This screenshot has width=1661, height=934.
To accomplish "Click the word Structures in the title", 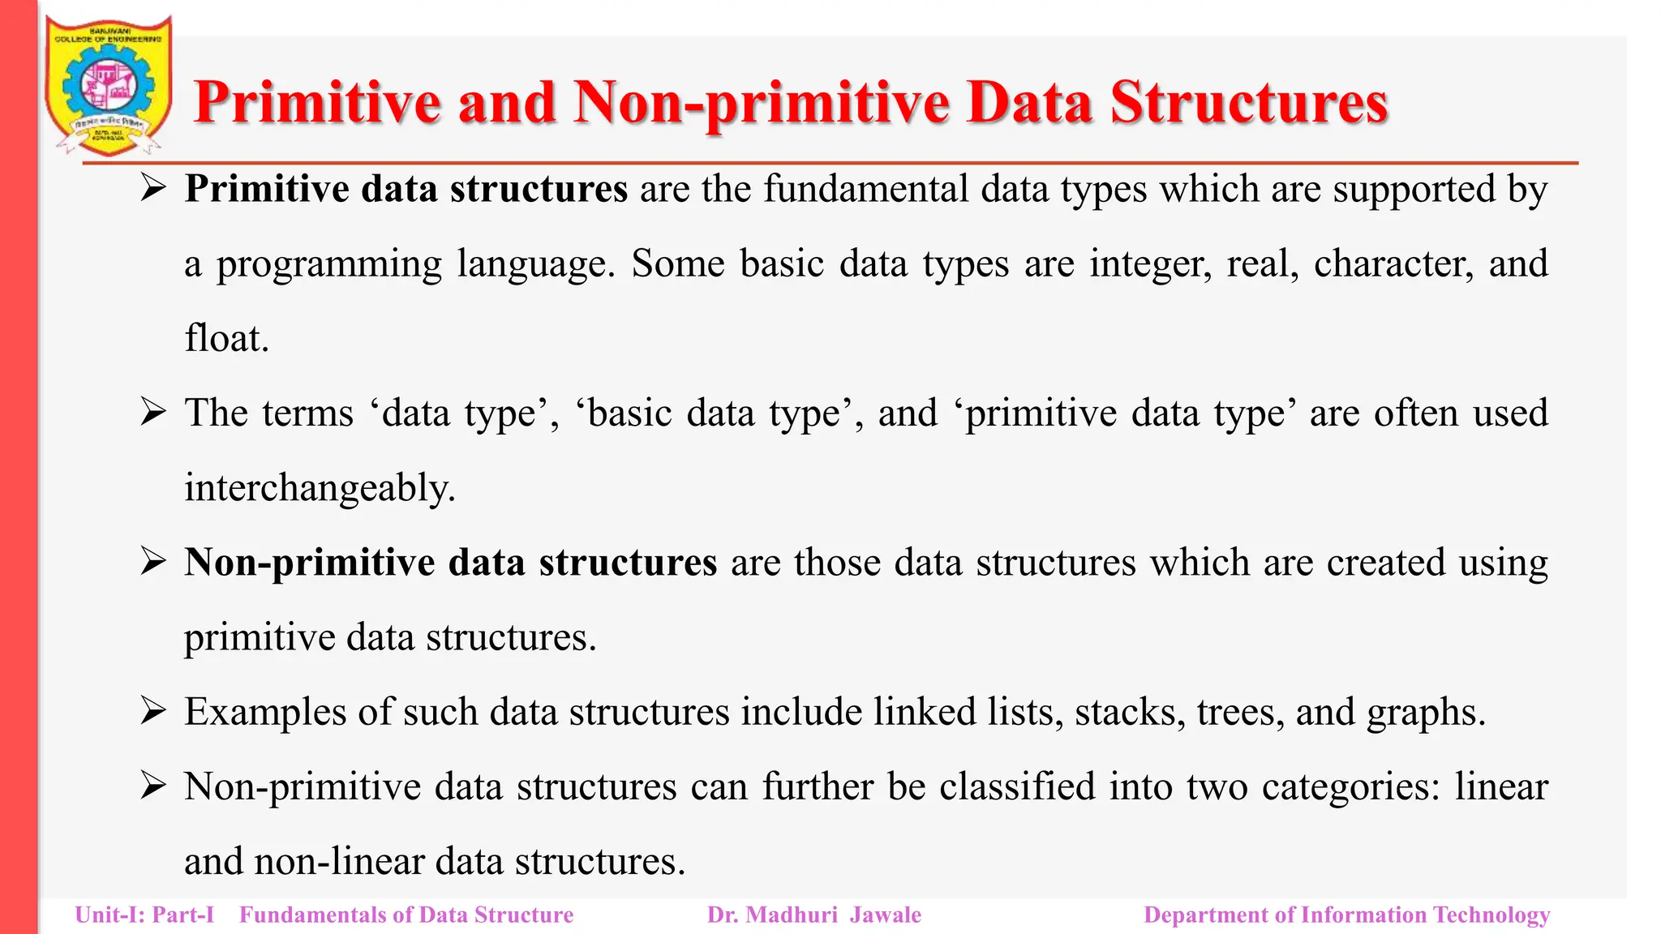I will pyautogui.click(x=1249, y=104).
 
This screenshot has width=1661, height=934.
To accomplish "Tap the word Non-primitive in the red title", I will pyautogui.click(x=761, y=104).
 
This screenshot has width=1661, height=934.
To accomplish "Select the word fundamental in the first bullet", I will pyautogui.click(x=865, y=189).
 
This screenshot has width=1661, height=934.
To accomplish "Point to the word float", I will pyautogui.click(x=225, y=338).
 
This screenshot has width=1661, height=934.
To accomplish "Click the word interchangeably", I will pyautogui.click(x=320, y=488).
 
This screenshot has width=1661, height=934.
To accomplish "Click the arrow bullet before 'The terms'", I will pyautogui.click(x=152, y=412).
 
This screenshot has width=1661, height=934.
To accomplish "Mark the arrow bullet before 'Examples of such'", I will pyautogui.click(x=152, y=711).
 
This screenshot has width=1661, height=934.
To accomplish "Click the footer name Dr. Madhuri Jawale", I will pyautogui.click(x=814, y=915).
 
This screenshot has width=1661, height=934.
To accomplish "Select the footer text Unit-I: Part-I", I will pyautogui.click(x=144, y=915).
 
